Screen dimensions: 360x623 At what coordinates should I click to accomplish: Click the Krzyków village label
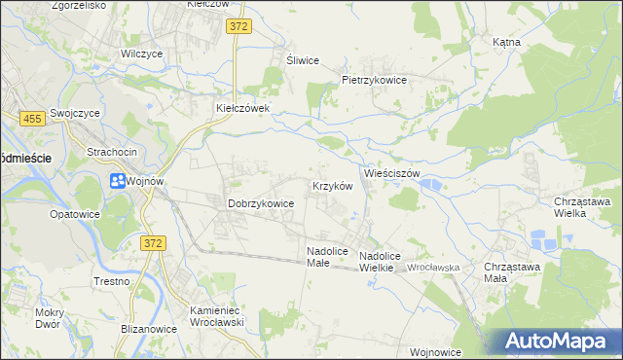coord(331,185)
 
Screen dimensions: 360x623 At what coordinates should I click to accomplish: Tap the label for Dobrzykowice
coord(261,203)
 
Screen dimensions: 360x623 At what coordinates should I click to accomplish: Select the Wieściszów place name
coord(392,173)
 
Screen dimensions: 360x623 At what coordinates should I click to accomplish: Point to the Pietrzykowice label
coord(374,80)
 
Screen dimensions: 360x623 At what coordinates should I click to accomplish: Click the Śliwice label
coord(303,60)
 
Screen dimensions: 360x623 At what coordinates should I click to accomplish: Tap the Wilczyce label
coord(141,54)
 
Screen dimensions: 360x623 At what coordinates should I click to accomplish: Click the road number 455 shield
coord(32,118)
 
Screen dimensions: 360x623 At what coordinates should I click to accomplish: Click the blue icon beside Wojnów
coord(117,180)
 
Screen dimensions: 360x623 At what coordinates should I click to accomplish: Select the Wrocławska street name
coord(434,267)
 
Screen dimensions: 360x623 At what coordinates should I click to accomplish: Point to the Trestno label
coord(112,281)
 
